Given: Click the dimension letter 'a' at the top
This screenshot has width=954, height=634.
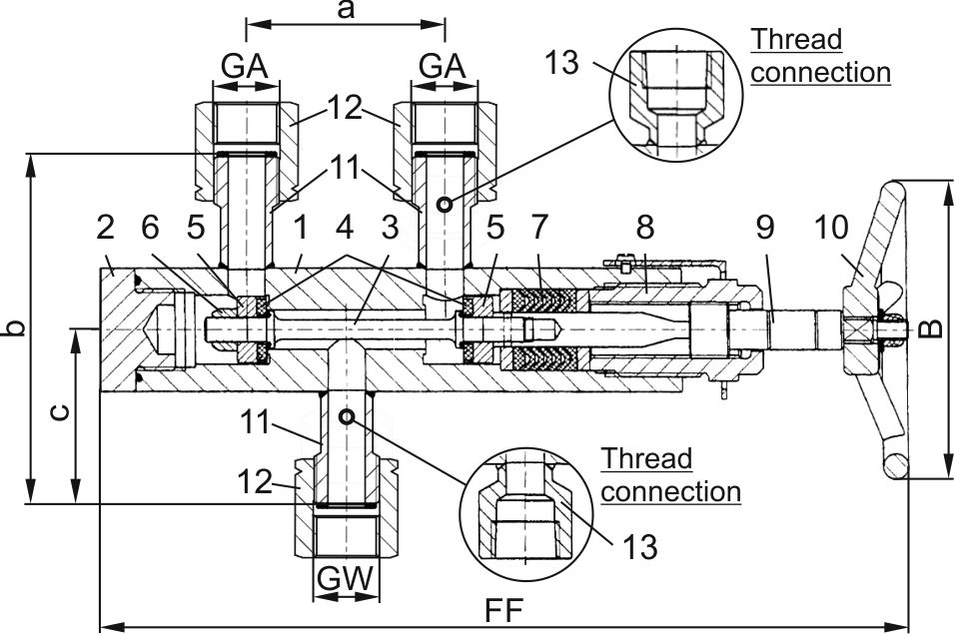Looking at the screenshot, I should (346, 10).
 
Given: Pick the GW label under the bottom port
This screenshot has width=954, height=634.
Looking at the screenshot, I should (346, 578).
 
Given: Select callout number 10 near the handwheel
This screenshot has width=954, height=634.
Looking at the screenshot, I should (835, 228).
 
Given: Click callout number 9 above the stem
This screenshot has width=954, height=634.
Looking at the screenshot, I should (764, 228).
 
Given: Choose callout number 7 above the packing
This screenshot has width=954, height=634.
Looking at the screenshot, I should (539, 228).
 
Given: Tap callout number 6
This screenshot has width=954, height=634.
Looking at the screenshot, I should (150, 228).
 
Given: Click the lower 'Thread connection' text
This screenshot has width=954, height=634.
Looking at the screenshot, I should (670, 476).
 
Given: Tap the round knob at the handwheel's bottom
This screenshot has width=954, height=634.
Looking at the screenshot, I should (894, 465).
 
